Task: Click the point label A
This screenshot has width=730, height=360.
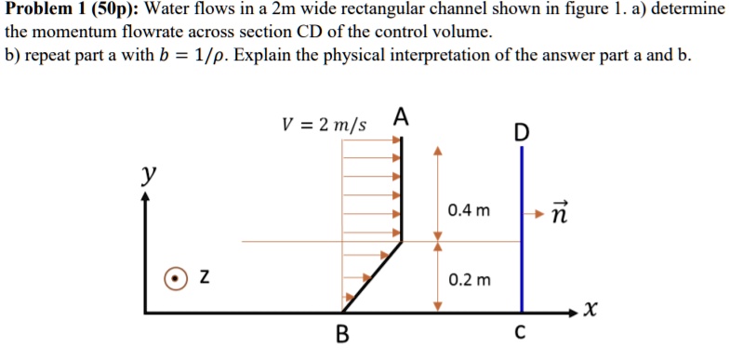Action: point(401,117)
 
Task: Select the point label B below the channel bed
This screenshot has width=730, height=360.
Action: point(342,334)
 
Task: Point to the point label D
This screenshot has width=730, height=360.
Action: point(521,133)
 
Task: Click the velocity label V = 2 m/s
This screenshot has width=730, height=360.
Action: point(325,124)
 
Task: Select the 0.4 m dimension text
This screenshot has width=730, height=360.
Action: point(468,210)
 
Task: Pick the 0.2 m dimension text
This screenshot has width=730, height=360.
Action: point(469,279)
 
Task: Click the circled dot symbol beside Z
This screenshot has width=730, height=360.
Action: point(174,277)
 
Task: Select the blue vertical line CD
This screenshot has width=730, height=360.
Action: point(522,233)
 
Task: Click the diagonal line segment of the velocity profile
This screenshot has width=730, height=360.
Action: point(374,276)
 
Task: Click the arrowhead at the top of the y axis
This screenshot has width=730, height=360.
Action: point(147,199)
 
